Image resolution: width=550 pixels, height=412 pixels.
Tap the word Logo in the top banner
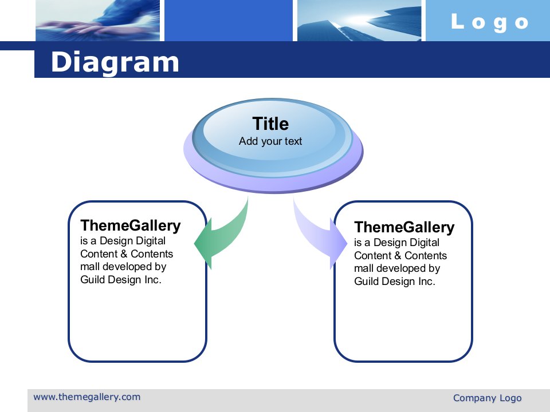coord(490,22)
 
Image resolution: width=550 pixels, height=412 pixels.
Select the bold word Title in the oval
coord(270,124)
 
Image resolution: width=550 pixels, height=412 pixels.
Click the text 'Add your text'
coord(270,141)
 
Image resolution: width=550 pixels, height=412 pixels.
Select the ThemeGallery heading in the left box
coord(131,226)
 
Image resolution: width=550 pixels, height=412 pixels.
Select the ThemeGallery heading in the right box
coord(404,228)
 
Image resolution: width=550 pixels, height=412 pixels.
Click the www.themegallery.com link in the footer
coord(87,397)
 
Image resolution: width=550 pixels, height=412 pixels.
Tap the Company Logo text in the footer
coord(487,398)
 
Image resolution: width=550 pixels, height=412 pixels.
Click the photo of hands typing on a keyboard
coord(97,21)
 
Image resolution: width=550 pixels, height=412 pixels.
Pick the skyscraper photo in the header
coord(359,21)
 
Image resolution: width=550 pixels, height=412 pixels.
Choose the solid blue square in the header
coord(229,21)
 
